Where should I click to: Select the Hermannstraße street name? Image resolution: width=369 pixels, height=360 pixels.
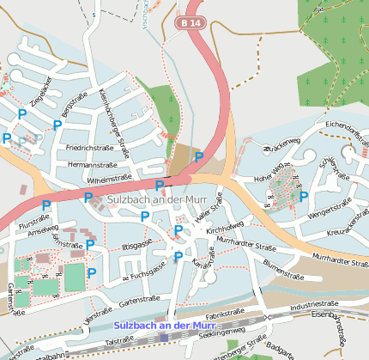[x=92, y=163]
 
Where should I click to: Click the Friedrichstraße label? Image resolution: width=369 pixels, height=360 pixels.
[x=90, y=147]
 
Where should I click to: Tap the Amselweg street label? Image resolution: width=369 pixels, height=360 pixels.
[x=43, y=232]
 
